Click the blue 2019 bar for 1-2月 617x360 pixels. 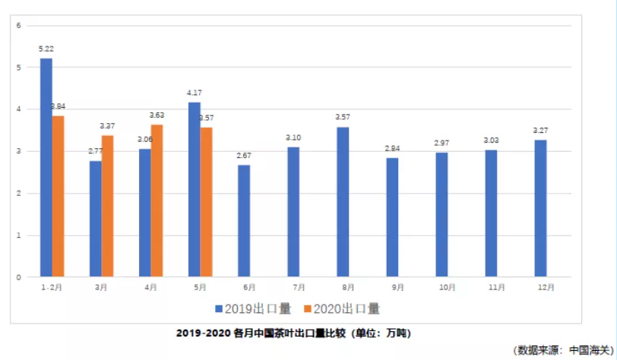(x=46, y=167)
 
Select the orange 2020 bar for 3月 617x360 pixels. (x=107, y=205)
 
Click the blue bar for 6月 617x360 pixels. (x=243, y=220)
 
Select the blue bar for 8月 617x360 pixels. (x=343, y=201)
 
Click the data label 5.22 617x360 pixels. (x=46, y=49)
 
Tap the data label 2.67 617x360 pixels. (x=243, y=156)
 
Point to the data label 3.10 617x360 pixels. (x=293, y=137)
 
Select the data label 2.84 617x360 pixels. (x=392, y=148)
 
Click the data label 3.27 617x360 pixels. (x=540, y=131)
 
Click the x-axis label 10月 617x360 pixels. (x=447, y=287)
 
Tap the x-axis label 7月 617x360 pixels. (x=299, y=287)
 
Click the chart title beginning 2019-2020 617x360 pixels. (x=293, y=333)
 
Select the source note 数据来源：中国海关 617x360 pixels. (x=563, y=350)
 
